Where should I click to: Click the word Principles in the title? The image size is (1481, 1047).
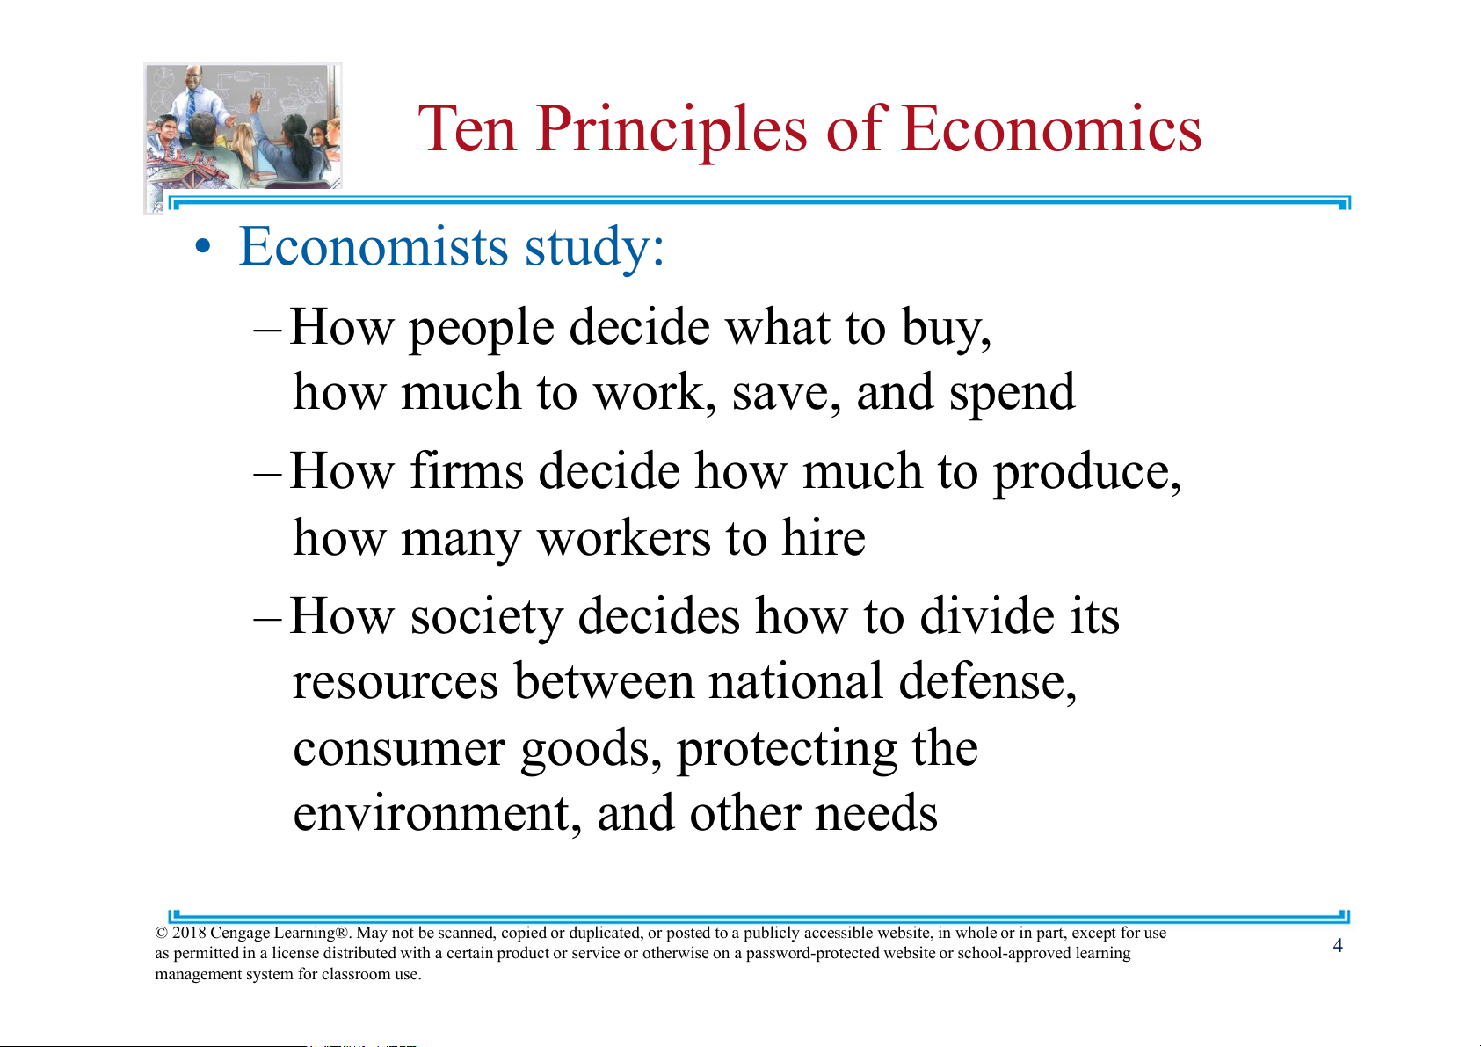672,130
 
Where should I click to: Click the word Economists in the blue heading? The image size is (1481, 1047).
374,246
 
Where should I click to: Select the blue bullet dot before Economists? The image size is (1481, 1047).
203,247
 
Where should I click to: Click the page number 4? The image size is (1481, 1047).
1338,946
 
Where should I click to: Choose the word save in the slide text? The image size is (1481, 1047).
786,392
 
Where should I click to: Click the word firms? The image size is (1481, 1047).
467,471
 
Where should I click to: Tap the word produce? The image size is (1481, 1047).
1087,474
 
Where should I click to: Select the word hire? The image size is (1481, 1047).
824,537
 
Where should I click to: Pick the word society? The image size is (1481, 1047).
487,618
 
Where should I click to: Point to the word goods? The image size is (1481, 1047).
591,750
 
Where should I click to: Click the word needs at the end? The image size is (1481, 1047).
876,812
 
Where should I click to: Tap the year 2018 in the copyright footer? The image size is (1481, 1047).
189,933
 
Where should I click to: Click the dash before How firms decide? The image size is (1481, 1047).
268,475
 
